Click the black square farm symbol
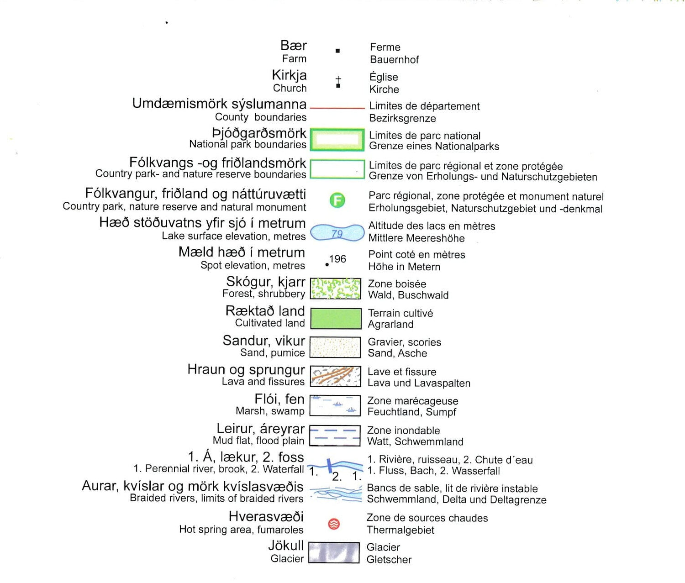(337, 51)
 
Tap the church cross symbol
(338, 82)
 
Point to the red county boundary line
(337, 108)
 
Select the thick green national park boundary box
(337, 139)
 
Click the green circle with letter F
(337, 200)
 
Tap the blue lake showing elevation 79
(337, 233)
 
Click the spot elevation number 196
(337, 259)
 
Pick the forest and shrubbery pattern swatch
(336, 289)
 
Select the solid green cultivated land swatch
(336, 318)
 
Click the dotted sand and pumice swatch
(335, 347)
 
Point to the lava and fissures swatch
(335, 376)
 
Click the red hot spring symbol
(334, 524)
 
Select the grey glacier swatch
(334, 552)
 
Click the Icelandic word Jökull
(286, 545)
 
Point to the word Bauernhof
(394, 59)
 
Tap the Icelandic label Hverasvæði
(266, 516)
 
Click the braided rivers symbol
(336, 494)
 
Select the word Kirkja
(289, 75)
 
